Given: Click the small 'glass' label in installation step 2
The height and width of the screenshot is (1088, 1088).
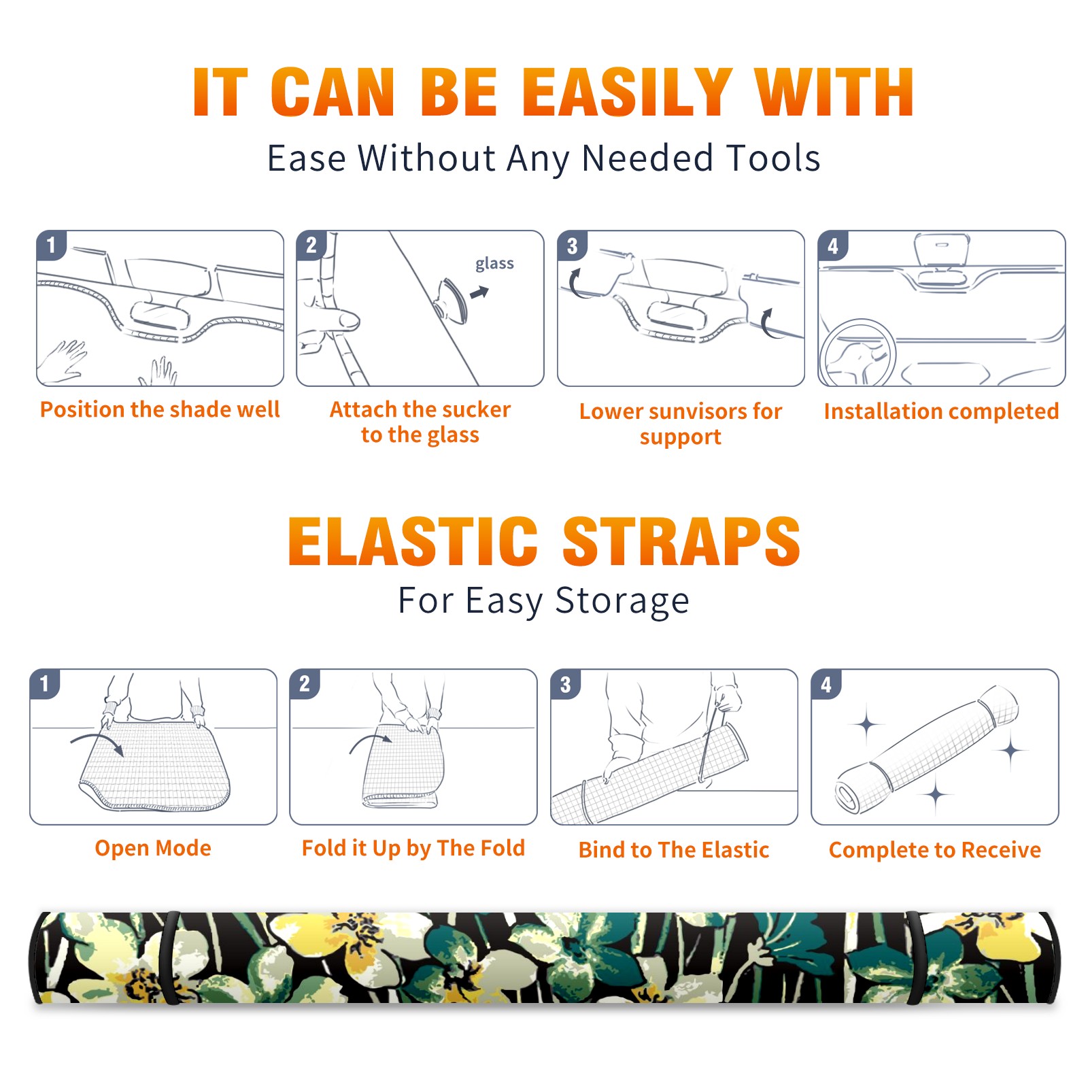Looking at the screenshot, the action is coord(494,264).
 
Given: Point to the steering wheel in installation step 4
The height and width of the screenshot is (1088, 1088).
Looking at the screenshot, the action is coord(857,354).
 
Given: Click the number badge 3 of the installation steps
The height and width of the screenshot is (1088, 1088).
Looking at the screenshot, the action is coord(572,245).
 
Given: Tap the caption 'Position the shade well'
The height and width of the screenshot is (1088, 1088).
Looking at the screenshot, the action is coord(160,409).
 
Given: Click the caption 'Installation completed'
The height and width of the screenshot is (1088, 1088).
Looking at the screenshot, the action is coord(941,411).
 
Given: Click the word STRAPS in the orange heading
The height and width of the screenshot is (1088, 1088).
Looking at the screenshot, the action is coord(681,541).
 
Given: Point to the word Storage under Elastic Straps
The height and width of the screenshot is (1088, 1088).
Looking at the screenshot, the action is coord(622,601).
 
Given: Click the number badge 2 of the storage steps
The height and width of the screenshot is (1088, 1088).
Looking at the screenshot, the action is coord(305,684).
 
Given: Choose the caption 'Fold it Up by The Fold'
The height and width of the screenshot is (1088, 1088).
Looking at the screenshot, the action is coord(413,848).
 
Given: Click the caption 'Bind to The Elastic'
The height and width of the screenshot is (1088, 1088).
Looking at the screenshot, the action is coord(674,849).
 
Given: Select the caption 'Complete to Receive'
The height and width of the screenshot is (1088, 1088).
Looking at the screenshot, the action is coord(935,849).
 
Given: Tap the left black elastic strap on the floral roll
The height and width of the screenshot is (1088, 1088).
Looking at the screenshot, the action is coord(170,957).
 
